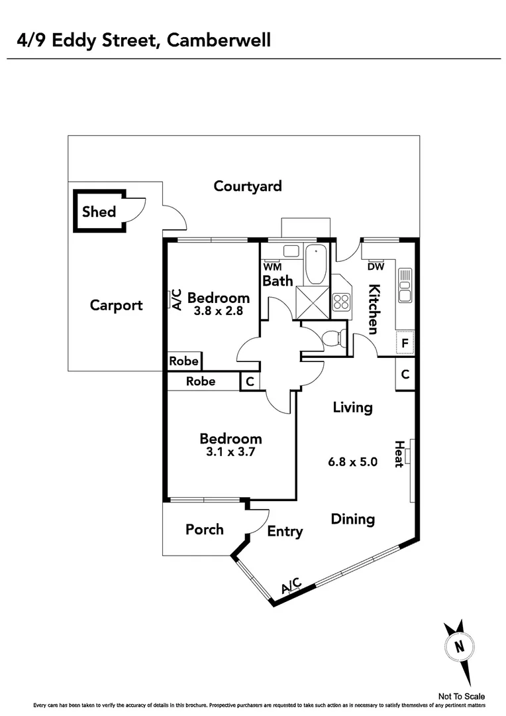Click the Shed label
(99, 212)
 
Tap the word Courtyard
(248, 186)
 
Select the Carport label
(116, 306)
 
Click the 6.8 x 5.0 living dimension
(353, 461)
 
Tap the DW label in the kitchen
(376, 267)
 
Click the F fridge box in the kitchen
(405, 344)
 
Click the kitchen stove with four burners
(341, 302)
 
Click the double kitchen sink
(405, 286)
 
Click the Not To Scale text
(462, 696)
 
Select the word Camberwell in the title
(219, 41)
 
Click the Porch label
(204, 530)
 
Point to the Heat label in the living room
(399, 454)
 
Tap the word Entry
(285, 531)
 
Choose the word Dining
(353, 519)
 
